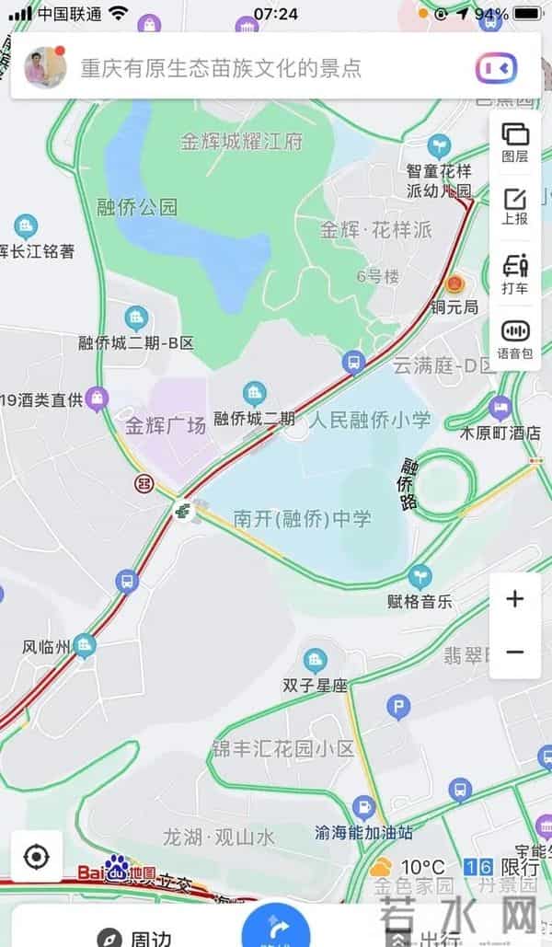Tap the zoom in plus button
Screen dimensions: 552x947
(x=514, y=599)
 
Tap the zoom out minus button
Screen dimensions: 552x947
(x=514, y=652)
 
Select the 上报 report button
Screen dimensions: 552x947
(x=514, y=205)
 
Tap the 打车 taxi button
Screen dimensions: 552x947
(x=514, y=272)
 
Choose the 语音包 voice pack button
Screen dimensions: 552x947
(x=514, y=338)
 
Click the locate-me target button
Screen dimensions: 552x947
(x=36, y=857)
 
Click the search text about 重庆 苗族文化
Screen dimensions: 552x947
(x=221, y=67)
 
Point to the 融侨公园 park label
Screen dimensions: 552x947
(x=137, y=207)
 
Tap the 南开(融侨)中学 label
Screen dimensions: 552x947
(x=302, y=519)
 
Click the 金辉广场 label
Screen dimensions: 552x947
(x=166, y=426)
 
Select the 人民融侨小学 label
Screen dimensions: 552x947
(x=370, y=421)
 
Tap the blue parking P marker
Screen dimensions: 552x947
(x=397, y=707)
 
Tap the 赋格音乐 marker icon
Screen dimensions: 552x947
(x=420, y=577)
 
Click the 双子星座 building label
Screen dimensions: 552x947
(x=315, y=686)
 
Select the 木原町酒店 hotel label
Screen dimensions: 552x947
(x=500, y=432)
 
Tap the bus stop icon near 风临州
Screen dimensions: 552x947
(x=126, y=581)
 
